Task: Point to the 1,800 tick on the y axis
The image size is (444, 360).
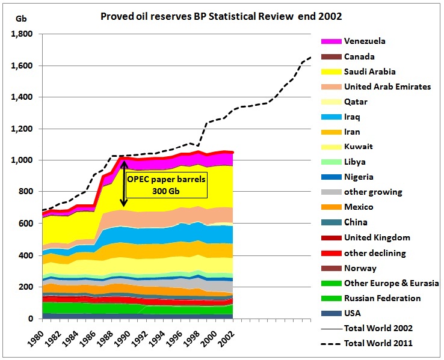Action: tap(23, 34)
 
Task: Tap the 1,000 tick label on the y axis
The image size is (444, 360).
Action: tap(23, 160)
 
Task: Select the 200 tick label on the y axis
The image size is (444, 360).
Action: tap(27, 287)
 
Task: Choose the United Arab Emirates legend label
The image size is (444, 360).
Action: tap(387, 87)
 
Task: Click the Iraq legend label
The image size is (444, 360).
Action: tap(353, 117)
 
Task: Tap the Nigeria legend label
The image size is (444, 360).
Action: tap(359, 177)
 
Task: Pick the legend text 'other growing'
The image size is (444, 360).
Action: tap(373, 192)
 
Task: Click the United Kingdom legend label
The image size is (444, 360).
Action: tap(377, 237)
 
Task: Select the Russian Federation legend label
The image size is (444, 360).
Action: tap(382, 298)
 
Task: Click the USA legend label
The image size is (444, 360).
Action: tap(353, 313)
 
